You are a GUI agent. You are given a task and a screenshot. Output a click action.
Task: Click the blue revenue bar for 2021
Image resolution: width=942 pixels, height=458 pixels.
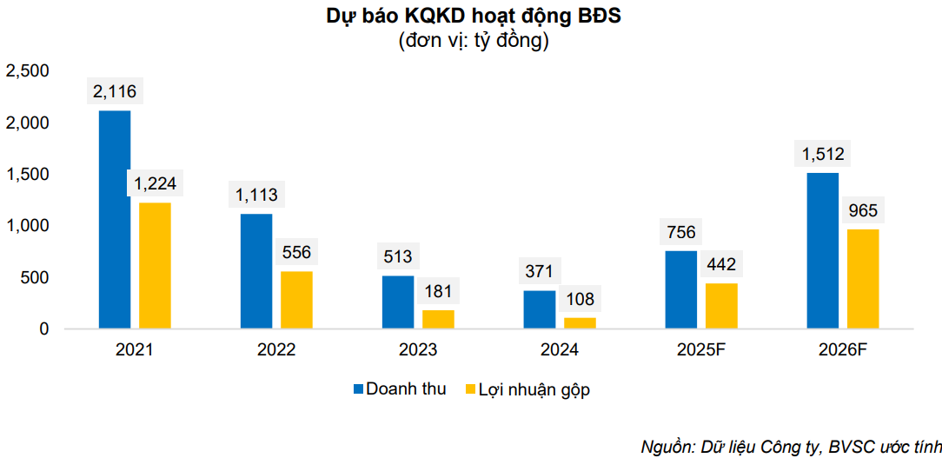tap(115, 220)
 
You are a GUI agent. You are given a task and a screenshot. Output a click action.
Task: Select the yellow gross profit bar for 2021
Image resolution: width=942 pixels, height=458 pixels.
tap(155, 266)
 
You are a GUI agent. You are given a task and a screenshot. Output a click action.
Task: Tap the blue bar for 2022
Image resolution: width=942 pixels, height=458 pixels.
tap(256, 271)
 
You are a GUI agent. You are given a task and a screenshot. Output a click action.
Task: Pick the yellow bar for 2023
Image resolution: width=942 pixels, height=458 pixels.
tap(438, 320)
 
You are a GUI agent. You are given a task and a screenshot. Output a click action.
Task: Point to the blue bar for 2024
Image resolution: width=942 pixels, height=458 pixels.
tap(540, 310)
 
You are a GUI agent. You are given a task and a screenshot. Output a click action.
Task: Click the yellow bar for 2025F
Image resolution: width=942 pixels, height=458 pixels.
tap(721, 306)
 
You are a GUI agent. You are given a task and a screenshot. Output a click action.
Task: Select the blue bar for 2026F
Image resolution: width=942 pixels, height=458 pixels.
tap(823, 251)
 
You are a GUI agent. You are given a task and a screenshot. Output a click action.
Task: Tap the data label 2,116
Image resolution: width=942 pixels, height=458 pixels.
tap(115, 90)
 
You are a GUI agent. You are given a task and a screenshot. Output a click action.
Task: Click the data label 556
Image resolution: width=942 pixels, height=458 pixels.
tap(296, 252)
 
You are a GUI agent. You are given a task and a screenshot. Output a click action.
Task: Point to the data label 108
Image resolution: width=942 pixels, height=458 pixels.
tap(580, 299)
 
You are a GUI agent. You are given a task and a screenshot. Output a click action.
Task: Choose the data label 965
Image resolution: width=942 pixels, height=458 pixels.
tap(863, 209)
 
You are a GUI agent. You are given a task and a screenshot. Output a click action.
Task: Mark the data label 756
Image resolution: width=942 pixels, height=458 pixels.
tap(681, 232)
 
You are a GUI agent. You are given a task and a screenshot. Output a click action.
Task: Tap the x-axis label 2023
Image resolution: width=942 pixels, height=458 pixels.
tap(418, 350)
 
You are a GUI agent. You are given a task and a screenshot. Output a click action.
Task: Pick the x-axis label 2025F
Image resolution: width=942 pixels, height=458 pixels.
tap(701, 350)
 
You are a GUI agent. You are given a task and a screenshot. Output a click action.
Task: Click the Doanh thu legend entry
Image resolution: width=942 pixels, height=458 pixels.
tap(399, 389)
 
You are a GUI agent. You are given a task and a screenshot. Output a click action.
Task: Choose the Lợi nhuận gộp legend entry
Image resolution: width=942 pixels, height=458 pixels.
tap(527, 389)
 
